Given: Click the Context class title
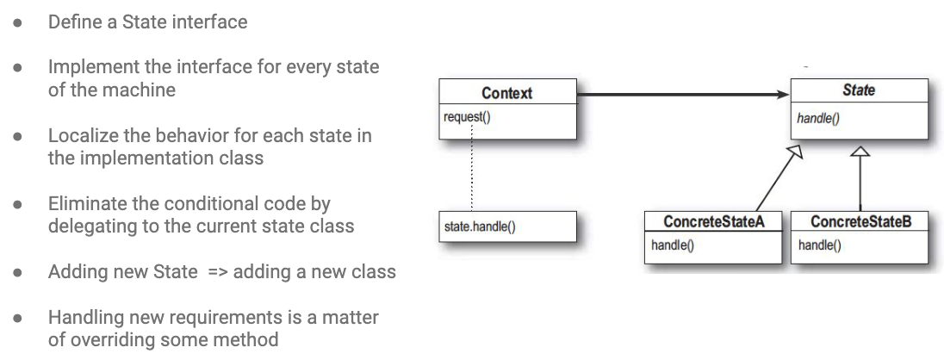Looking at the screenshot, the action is pos(507,93).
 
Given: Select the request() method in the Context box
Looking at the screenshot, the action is pos(467,117).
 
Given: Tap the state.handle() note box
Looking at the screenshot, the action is pos(507,227).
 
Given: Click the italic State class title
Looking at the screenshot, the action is pos(859,90).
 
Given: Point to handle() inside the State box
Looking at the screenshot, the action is pos(817,118).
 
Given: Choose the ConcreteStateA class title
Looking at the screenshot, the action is pos(713,221).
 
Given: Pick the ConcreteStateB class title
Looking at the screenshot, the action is pos(861,221).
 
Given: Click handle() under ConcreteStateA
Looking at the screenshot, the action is pos(673,245).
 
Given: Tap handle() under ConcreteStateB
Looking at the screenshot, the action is pos(819,245).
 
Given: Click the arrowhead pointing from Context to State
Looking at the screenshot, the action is pos(783,95).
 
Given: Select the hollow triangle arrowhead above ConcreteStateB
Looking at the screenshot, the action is pos(861,151).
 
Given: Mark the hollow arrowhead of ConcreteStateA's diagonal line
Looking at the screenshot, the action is pos(796,151).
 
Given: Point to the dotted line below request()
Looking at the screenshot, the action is pos(471,167).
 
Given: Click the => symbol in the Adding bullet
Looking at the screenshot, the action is pos(218,272).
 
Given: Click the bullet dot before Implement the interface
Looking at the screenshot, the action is pos(17,67).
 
